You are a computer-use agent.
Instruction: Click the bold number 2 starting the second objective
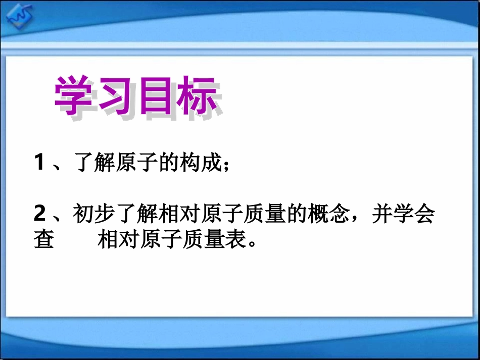tap(40, 215)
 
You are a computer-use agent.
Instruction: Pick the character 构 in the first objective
tap(192, 164)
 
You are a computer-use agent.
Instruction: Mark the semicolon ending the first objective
tap(226, 166)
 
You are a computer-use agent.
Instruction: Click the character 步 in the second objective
tap(104, 215)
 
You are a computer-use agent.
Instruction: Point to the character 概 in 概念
tap(318, 215)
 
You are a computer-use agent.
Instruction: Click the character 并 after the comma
tap(382, 215)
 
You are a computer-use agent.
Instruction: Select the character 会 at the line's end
tap(425, 215)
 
